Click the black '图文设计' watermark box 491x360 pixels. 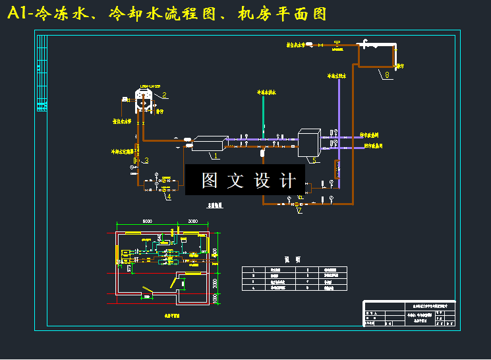click(x=245, y=181)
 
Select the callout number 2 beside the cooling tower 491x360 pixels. click(x=163, y=94)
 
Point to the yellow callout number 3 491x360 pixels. click(x=146, y=160)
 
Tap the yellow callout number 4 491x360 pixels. click(x=168, y=196)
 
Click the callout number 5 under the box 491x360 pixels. click(x=314, y=160)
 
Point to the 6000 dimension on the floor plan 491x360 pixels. click(x=147, y=222)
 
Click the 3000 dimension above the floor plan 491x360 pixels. click(x=192, y=222)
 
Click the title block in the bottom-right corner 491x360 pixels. click(x=409, y=314)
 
